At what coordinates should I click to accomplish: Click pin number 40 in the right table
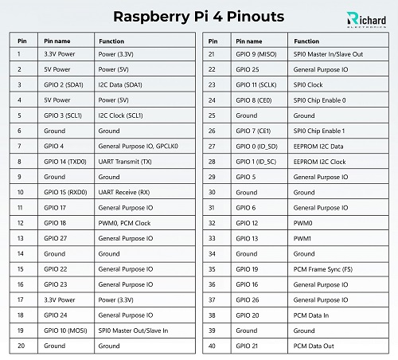tap(212, 346)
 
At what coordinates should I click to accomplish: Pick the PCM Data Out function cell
tap(314, 346)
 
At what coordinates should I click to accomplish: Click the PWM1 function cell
tap(303, 238)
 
